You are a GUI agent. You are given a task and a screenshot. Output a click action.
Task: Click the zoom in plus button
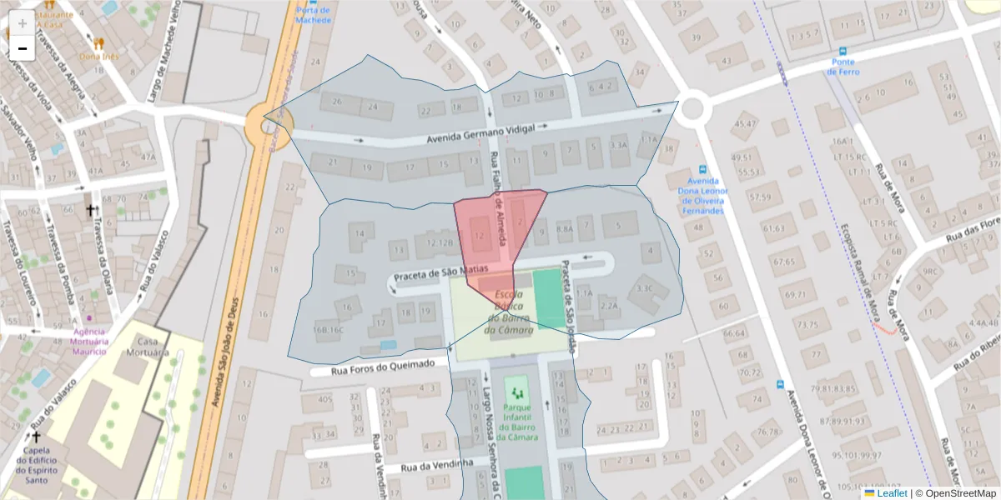pos(23,22)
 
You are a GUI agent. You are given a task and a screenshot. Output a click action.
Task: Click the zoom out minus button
pos(23,48)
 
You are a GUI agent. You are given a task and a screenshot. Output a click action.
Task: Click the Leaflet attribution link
pos(891,493)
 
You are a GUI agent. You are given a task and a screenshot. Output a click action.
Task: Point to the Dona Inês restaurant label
pos(98,57)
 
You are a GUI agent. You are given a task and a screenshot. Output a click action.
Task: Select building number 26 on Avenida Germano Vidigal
pos(337,102)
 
